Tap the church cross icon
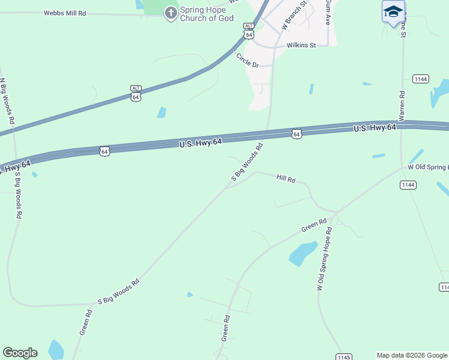tap(171, 13)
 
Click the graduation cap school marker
tap(393, 12)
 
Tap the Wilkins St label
tap(301, 45)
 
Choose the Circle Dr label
tap(247, 61)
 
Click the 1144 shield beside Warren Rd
tap(420, 79)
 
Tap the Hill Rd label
tap(286, 178)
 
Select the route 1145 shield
tap(343, 357)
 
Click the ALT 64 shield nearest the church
tap(249, 31)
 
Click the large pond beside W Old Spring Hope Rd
tap(303, 253)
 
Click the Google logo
tap(20, 353)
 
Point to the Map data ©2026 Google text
tap(412, 355)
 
